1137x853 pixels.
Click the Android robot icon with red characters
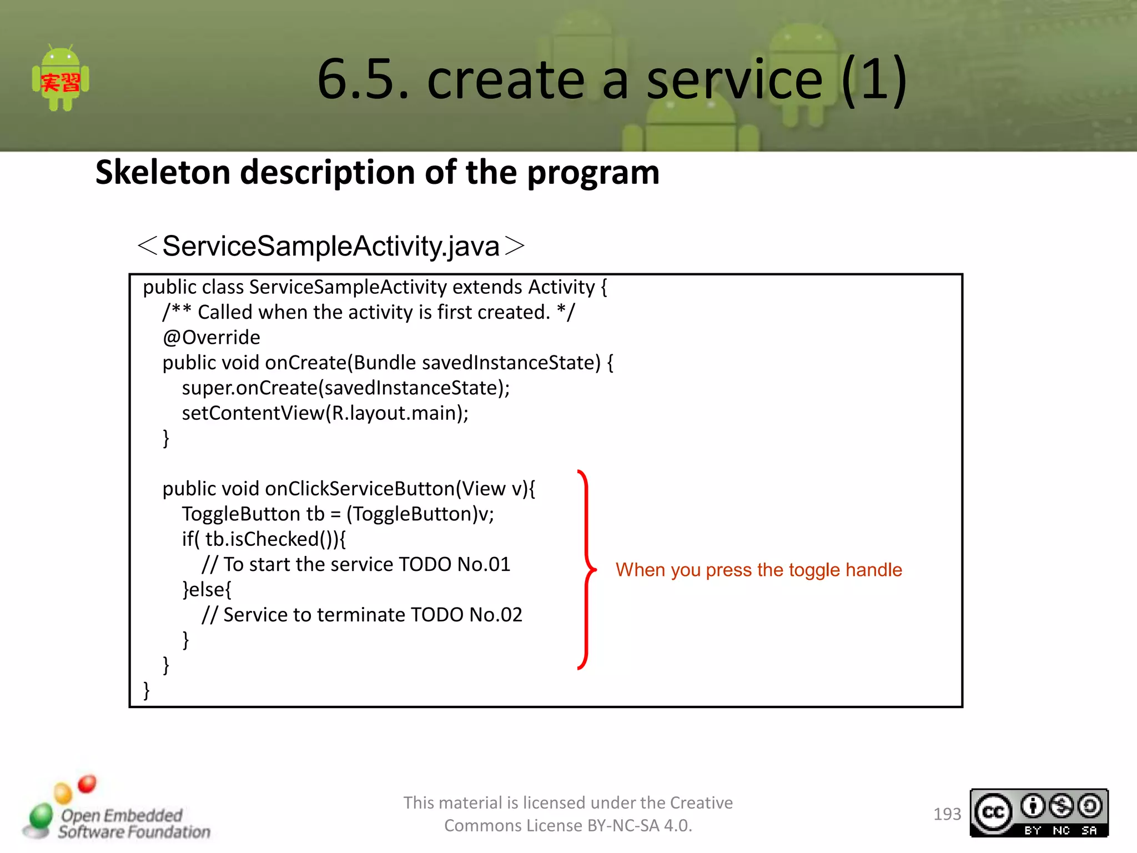tap(61, 79)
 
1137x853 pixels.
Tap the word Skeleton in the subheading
tap(162, 172)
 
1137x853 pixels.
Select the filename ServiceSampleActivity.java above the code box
tap(331, 246)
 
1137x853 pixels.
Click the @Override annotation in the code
tap(212, 338)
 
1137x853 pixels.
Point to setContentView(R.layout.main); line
tap(325, 413)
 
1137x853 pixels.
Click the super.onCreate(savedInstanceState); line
tap(345, 388)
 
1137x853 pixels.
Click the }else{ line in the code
tap(207, 589)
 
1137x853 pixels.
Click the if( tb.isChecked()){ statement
tap(264, 539)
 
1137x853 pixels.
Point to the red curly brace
tap(586, 569)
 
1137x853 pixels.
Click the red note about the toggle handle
tap(758, 570)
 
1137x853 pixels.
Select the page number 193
tap(947, 814)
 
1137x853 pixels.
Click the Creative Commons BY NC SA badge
tap(1039, 813)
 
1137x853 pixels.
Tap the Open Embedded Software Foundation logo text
tap(133, 823)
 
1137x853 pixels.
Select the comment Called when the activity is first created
tap(374, 312)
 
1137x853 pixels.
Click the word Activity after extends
tap(561, 287)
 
